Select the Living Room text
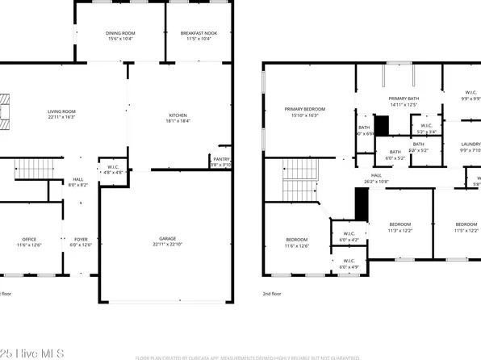pos(61,111)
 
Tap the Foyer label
pos(81,239)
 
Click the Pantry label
pos(221,160)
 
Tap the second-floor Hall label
pos(376,175)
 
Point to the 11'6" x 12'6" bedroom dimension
pos(297,245)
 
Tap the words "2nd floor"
pos(274,295)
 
